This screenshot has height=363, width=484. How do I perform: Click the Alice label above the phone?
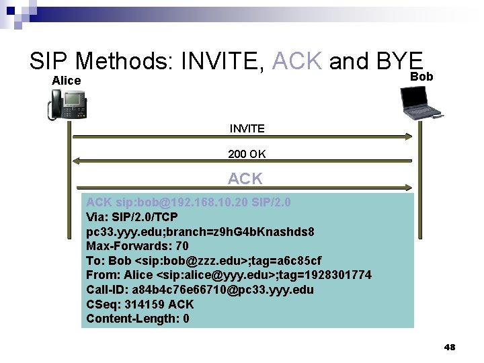[x=67, y=81]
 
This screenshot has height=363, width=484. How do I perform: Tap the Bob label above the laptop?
[x=421, y=77]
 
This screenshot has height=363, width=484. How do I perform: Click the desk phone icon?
[x=68, y=105]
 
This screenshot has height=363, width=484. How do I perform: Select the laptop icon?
[x=423, y=104]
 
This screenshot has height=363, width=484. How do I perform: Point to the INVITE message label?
[x=247, y=128]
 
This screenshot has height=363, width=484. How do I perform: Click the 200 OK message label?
[x=247, y=154]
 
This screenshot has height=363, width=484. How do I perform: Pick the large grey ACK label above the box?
[x=245, y=179]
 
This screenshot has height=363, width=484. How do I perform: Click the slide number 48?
[x=450, y=348]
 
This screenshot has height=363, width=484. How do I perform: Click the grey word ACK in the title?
[x=298, y=61]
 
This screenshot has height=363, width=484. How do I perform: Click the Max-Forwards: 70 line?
[x=137, y=245]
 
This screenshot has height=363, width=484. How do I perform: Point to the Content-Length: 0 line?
[x=138, y=319]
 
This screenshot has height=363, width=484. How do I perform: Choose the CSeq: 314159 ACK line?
[x=140, y=304]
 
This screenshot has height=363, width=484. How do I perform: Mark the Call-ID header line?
[x=200, y=290]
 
